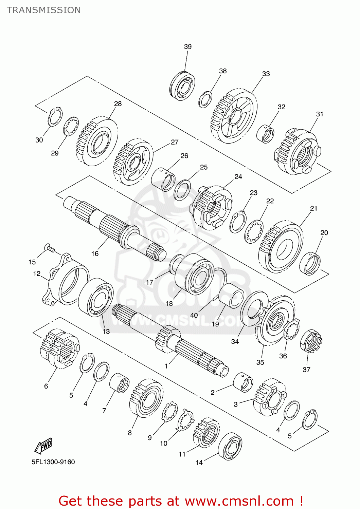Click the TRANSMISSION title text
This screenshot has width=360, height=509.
pyautogui.click(x=44, y=10)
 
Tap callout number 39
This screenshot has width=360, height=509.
pyautogui.click(x=188, y=46)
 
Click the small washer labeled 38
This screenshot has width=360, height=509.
pyautogui.click(x=205, y=99)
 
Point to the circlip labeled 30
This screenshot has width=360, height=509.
pyautogui.click(x=55, y=117)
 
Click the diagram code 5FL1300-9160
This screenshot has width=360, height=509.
pyautogui.click(x=53, y=462)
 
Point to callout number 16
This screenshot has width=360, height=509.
pyautogui.click(x=95, y=253)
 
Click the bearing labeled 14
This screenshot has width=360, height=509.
pyautogui.click(x=230, y=446)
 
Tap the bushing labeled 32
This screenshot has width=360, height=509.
pyautogui.click(x=265, y=134)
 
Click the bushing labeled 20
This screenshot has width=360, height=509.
pyautogui.click(x=310, y=263)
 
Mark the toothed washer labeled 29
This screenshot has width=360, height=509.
pyautogui.click(x=71, y=126)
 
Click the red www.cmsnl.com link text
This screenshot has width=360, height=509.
pyautogui.click(x=239, y=501)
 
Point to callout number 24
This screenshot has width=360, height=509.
pyautogui.click(x=238, y=176)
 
